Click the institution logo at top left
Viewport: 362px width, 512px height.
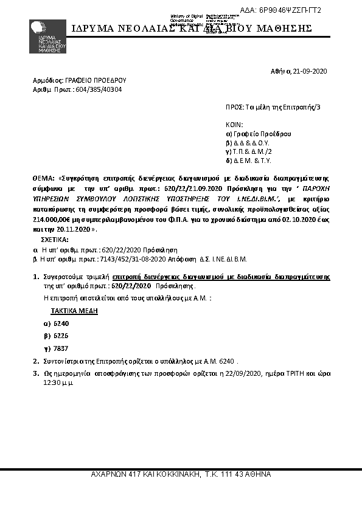click(45, 36)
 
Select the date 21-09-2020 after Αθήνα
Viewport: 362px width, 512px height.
click(310, 71)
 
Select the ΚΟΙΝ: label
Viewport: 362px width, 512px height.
click(234, 124)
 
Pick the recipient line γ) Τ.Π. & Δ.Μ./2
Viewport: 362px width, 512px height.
click(249, 151)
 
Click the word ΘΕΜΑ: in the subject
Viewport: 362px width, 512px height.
click(44, 179)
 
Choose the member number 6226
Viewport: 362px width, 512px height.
click(61, 336)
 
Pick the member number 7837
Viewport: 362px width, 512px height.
click(61, 348)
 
